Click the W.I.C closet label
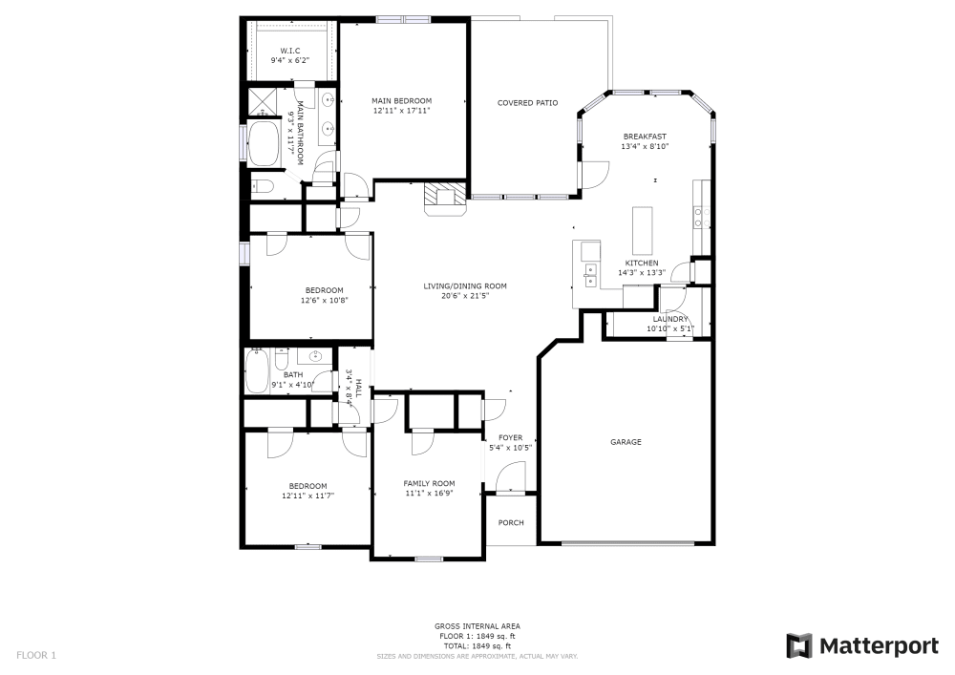[x=291, y=50]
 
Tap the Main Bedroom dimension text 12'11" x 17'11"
[x=401, y=111]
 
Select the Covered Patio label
[x=527, y=103]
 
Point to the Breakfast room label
[x=645, y=137]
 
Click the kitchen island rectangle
[x=640, y=229]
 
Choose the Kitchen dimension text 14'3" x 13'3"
[x=641, y=273]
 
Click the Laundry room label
[x=670, y=319]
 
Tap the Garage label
[x=626, y=442]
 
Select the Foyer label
[x=510, y=437]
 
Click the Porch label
[x=511, y=522]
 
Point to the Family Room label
[x=429, y=483]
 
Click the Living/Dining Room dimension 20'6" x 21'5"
[x=465, y=296]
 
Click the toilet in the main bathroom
[x=262, y=187]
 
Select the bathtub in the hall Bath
[x=258, y=372]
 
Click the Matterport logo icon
[x=798, y=646]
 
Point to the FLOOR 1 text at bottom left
[x=36, y=655]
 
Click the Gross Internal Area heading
[x=477, y=626]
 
